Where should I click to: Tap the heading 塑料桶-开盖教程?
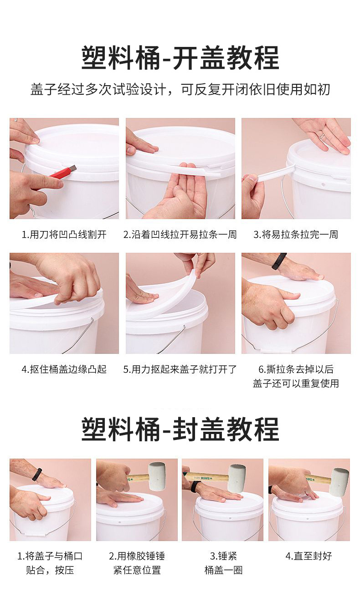click(x=180, y=58)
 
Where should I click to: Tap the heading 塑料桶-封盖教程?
click(x=180, y=429)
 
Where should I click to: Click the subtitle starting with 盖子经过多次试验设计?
click(x=180, y=90)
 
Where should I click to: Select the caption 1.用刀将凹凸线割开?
click(x=64, y=235)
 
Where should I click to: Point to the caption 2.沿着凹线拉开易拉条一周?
click(x=180, y=235)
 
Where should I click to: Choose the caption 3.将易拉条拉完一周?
click(x=296, y=235)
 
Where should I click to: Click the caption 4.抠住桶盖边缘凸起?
click(x=64, y=369)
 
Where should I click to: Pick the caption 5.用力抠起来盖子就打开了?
click(x=180, y=369)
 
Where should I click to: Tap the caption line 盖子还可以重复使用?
click(x=296, y=383)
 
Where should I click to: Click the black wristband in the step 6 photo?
click(x=279, y=261)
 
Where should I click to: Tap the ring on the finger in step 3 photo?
click(x=322, y=135)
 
